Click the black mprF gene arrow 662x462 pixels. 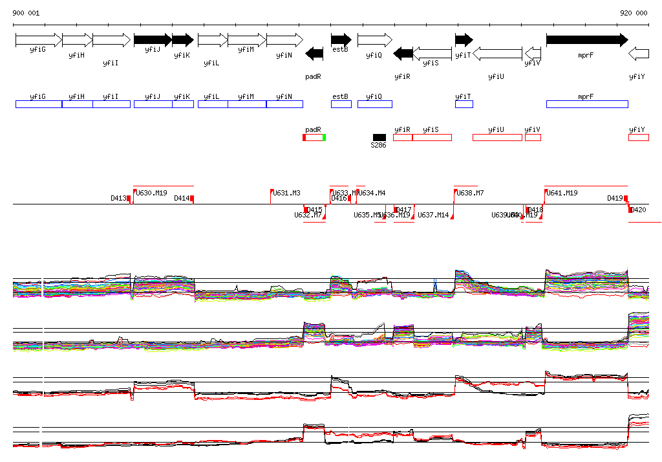click(x=586, y=40)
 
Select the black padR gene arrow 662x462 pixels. click(x=314, y=54)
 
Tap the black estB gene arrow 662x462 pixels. click(x=341, y=40)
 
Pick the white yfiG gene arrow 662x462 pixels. click(x=38, y=40)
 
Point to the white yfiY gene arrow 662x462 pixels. click(x=638, y=54)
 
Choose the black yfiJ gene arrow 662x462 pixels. click(x=153, y=40)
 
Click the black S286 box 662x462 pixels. click(x=379, y=137)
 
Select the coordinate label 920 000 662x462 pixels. click(x=633, y=13)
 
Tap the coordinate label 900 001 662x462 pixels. click(x=26, y=13)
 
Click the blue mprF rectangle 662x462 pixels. click(x=586, y=104)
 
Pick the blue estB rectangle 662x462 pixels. click(x=341, y=104)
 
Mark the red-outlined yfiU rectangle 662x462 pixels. click(x=497, y=137)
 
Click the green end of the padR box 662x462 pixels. click(x=324, y=137)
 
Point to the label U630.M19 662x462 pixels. click(x=152, y=193)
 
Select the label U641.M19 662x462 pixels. click(x=562, y=193)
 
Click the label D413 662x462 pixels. click(x=118, y=199)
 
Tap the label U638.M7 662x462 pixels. click(x=471, y=193)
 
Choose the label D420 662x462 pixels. click(x=638, y=210)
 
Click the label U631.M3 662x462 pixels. click(x=286, y=193)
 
